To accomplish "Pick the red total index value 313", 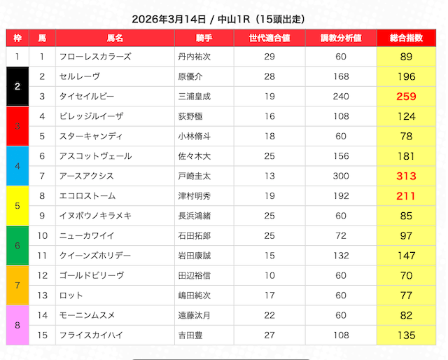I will click(406, 176).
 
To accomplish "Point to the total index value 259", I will click(406, 97).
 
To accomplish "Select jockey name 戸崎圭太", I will click(194, 176).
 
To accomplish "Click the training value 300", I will click(341, 176).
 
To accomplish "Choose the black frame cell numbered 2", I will click(17, 86).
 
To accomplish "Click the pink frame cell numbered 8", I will click(17, 325).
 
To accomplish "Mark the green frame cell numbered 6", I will click(17, 245).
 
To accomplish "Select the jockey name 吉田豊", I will click(190, 335).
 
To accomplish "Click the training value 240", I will click(341, 97).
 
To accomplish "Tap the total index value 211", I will click(406, 196).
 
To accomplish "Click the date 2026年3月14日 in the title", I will click(169, 19).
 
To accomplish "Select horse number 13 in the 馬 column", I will click(42, 295).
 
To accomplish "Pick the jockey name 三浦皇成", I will click(194, 97).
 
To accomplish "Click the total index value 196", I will click(406, 76).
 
